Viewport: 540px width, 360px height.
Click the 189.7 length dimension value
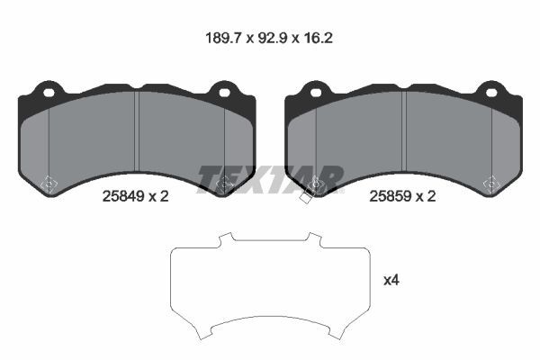(x=222, y=38)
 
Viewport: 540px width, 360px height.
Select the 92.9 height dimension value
(x=272, y=38)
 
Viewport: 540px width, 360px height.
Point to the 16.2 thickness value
(x=318, y=38)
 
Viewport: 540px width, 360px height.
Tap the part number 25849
(x=123, y=196)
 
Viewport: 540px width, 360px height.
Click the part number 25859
(x=391, y=196)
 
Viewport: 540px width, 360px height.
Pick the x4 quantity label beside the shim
(x=391, y=281)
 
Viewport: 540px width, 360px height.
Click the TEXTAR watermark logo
(x=270, y=179)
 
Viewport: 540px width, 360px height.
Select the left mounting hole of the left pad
(x=49, y=93)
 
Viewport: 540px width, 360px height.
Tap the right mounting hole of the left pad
(x=224, y=93)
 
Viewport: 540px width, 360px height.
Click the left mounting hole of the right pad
(x=316, y=93)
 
